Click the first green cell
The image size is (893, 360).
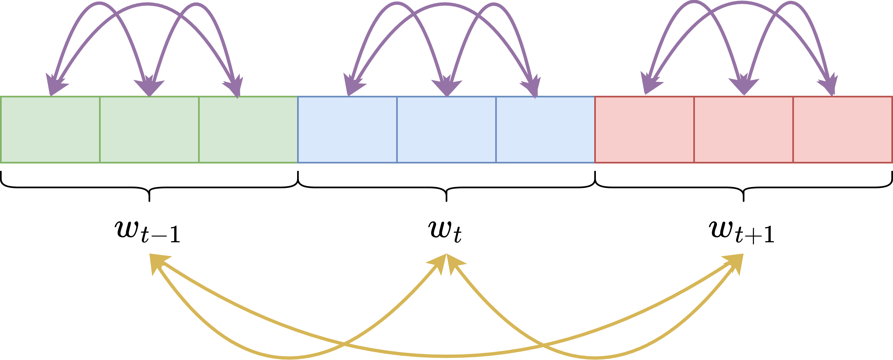coord(50,129)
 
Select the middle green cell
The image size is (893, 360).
coord(149,129)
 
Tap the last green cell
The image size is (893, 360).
coord(248,129)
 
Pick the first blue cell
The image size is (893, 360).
coord(347,129)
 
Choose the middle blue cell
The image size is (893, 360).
coord(447,129)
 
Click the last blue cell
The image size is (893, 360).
coord(545,129)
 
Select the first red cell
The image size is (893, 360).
coord(645,129)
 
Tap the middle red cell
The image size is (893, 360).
coord(744,129)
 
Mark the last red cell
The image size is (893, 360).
coord(843,129)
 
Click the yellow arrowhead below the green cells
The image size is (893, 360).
coord(156,262)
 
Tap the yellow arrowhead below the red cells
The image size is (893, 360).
coord(737,262)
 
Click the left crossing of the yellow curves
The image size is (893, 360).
coord(344,345)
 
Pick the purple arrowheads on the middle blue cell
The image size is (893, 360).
coord(447,87)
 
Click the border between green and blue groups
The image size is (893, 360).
coord(298,129)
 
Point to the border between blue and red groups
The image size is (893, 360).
coord(595,129)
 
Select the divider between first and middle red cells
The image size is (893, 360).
coord(694,129)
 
